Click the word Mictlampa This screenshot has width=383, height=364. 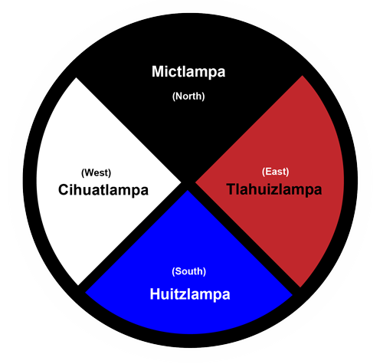click(188, 72)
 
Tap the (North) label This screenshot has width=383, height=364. click(188, 97)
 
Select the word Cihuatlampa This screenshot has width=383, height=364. click(103, 190)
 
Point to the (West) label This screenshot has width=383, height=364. click(96, 172)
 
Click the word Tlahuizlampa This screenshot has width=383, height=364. click(274, 190)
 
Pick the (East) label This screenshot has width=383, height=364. click(275, 172)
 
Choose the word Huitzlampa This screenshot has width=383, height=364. click(190, 294)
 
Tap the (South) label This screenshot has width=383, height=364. click(189, 271)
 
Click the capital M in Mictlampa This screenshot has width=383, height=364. click(158, 71)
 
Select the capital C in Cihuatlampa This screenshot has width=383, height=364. click(64, 190)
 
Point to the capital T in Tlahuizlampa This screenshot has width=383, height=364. click(231, 189)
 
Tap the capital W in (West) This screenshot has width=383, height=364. click(89, 172)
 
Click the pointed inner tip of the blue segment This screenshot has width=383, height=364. click(188, 190)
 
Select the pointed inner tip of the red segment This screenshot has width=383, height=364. click(195, 182)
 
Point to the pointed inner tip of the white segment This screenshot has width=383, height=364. click(181, 182)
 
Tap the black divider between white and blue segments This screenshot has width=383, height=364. click(132, 238)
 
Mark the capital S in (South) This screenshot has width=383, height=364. click(178, 271)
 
